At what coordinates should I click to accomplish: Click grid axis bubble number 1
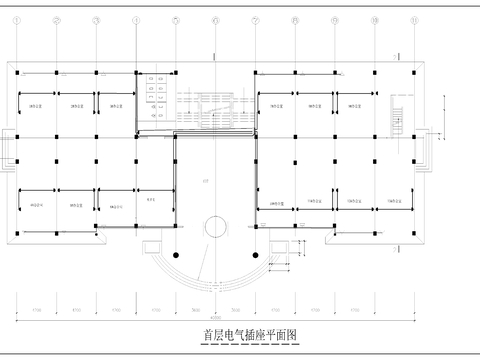[x=17, y=19]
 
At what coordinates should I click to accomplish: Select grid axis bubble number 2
[x=57, y=19]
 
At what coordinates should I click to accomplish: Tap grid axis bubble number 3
[x=96, y=19]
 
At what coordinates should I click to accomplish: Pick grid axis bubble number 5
[x=176, y=19]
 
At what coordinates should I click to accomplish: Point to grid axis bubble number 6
[x=216, y=19]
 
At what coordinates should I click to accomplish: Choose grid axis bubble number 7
[x=255, y=19]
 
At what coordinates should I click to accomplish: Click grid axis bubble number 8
[x=295, y=19]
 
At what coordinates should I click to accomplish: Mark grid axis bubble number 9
[x=335, y=19]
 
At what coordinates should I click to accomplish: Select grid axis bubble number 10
[x=375, y=19]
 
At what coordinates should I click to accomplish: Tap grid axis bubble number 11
[x=414, y=19]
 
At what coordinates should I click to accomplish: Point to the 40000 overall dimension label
[x=216, y=319]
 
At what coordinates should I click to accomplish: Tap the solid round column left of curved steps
[x=177, y=256]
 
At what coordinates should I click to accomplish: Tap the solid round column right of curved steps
[x=255, y=256]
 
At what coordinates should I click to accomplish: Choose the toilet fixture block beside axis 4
[x=154, y=88]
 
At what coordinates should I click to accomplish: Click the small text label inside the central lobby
[x=205, y=181]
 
